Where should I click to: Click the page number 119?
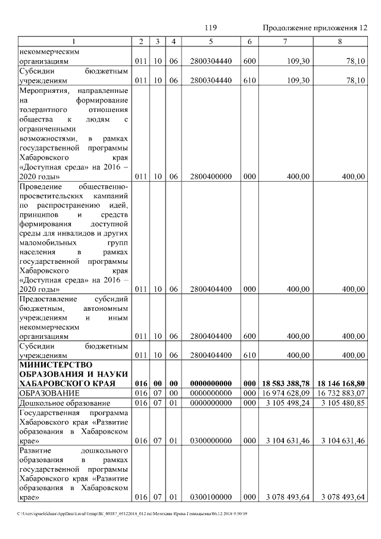(x=210, y=28)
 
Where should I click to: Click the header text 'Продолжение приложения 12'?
(x=315, y=28)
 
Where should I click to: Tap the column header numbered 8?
(x=339, y=41)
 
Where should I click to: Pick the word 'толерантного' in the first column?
(x=43, y=110)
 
